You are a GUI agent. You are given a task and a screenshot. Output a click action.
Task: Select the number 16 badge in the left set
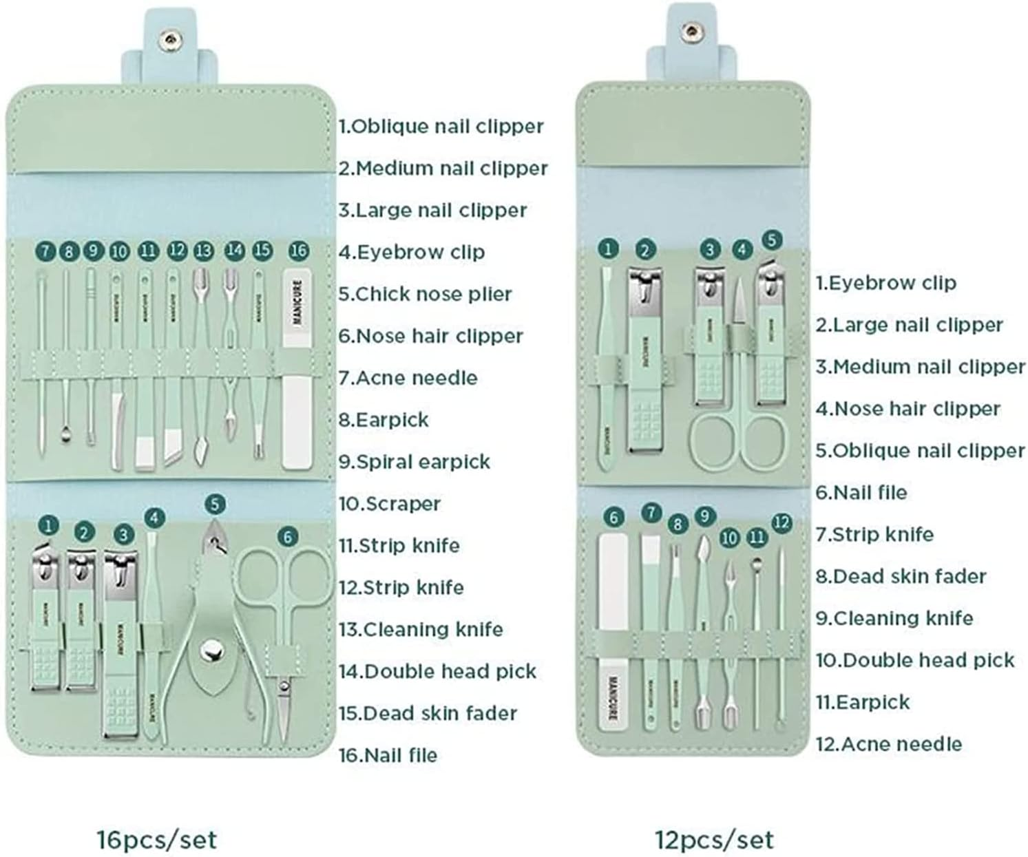(298, 251)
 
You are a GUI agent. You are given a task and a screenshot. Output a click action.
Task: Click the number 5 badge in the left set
(215, 505)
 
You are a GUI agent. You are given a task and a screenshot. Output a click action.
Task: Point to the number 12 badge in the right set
(781, 522)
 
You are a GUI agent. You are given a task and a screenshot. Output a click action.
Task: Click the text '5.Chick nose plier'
(425, 294)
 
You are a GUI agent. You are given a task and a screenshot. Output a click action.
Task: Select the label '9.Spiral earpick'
(414, 461)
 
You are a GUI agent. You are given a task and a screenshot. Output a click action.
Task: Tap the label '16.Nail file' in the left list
(388, 755)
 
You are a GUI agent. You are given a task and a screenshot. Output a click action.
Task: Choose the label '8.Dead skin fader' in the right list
(901, 576)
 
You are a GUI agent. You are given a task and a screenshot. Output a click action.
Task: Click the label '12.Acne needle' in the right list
(888, 743)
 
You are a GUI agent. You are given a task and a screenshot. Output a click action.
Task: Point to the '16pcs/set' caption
(157, 840)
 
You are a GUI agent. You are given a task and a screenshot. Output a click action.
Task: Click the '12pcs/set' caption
(715, 840)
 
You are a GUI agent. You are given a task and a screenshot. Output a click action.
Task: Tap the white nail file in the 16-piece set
(297, 372)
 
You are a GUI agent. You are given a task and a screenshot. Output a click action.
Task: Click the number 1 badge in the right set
(607, 248)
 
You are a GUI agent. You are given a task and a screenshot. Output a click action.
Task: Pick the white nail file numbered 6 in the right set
(613, 630)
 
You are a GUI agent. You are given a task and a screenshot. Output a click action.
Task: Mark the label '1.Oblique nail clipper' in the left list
(441, 126)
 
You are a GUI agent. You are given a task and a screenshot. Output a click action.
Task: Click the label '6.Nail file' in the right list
(861, 492)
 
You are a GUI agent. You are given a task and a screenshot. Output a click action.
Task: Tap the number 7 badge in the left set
(45, 251)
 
